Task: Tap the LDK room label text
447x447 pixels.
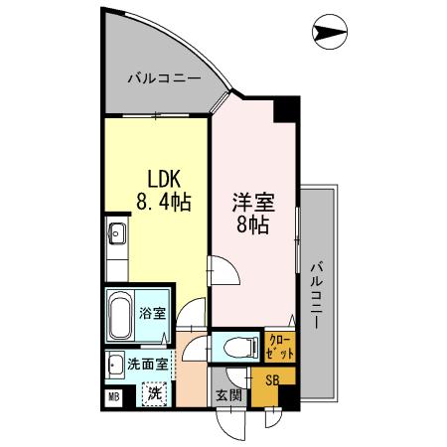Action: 164,180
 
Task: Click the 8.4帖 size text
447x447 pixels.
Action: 164,203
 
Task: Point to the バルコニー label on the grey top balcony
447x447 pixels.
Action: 164,76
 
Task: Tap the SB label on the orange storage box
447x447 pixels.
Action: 270,379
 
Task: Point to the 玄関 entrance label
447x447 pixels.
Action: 228,394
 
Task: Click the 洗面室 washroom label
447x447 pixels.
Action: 147,364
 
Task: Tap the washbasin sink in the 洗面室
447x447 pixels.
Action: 115,364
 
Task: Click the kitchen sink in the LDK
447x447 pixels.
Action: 116,235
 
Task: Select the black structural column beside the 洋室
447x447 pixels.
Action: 286,108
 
